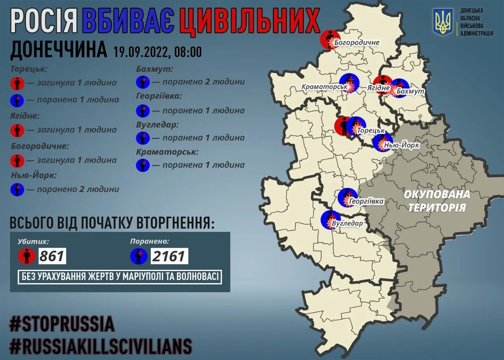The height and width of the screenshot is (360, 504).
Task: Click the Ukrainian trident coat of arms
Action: click(443, 22)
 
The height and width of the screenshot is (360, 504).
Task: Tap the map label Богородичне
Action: click(356, 42)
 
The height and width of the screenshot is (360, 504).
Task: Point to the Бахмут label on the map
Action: click(411, 91)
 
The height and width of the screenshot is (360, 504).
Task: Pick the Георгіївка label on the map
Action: click(366, 201)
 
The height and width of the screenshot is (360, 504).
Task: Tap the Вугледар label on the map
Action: click(347, 223)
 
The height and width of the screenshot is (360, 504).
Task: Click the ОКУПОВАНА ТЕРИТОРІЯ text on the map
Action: click(437, 200)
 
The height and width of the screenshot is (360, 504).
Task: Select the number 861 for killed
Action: click(52, 256)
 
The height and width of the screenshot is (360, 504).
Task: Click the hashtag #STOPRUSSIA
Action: click(62, 324)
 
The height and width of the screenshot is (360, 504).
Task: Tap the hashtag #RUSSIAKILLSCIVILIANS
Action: click(101, 346)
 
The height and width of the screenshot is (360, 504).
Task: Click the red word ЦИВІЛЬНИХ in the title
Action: click(249, 20)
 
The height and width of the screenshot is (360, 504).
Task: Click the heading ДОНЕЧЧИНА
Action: click(58, 50)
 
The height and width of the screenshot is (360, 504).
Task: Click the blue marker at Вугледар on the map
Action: click(330, 220)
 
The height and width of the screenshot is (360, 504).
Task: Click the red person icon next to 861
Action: click(26, 257)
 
